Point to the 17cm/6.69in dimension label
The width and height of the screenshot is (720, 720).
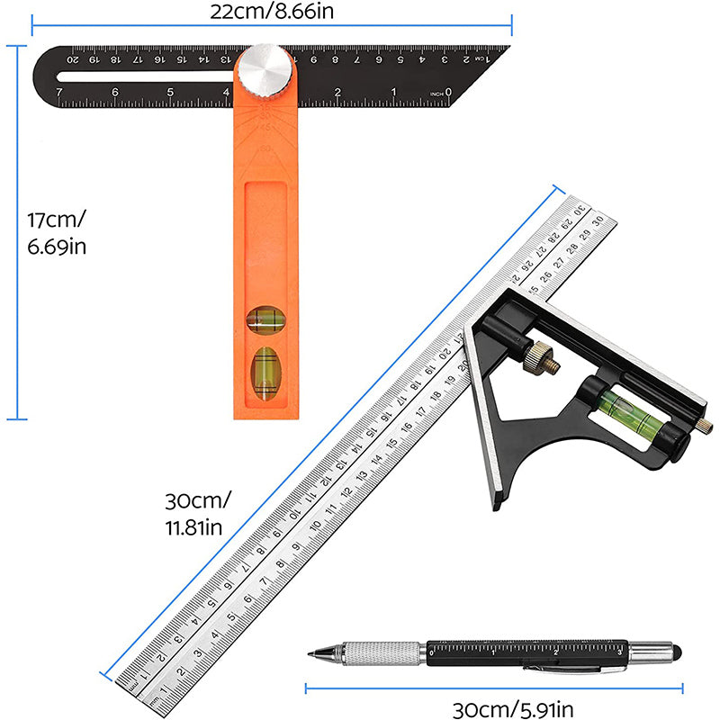pyautogui.click(x=57, y=232)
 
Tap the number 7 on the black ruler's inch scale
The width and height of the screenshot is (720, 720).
pyautogui.click(x=59, y=92)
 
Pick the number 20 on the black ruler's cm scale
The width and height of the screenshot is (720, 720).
pyautogui.click(x=75, y=59)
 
